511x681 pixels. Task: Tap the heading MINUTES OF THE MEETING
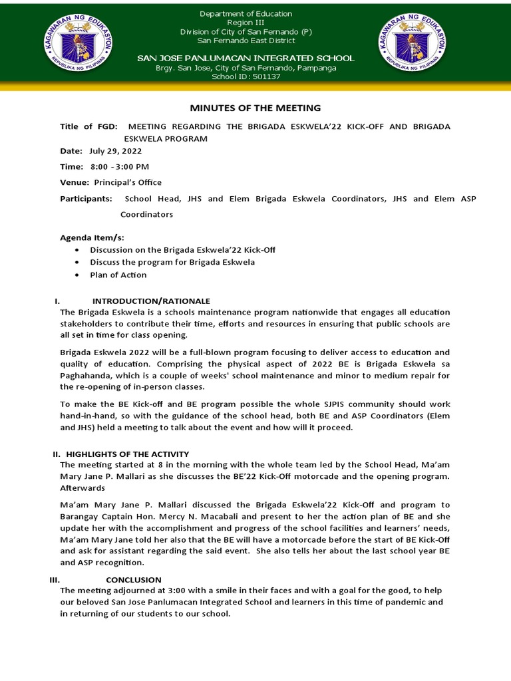click(x=255, y=108)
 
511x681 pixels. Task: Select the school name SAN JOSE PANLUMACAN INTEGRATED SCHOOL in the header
click(x=246, y=59)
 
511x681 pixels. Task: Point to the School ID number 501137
click(x=263, y=76)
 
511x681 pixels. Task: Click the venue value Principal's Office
click(x=128, y=182)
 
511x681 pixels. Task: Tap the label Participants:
click(x=86, y=199)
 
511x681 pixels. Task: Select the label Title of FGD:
click(x=88, y=126)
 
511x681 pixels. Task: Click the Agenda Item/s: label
click(x=92, y=237)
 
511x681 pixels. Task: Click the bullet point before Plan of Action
click(x=78, y=275)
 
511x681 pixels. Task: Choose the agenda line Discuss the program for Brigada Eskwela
click(x=172, y=262)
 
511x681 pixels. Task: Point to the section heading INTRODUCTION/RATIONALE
click(x=151, y=301)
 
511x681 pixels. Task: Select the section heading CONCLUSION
click(x=133, y=579)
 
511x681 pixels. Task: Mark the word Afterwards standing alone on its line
click(x=83, y=488)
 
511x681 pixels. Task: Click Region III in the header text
click(x=246, y=23)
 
